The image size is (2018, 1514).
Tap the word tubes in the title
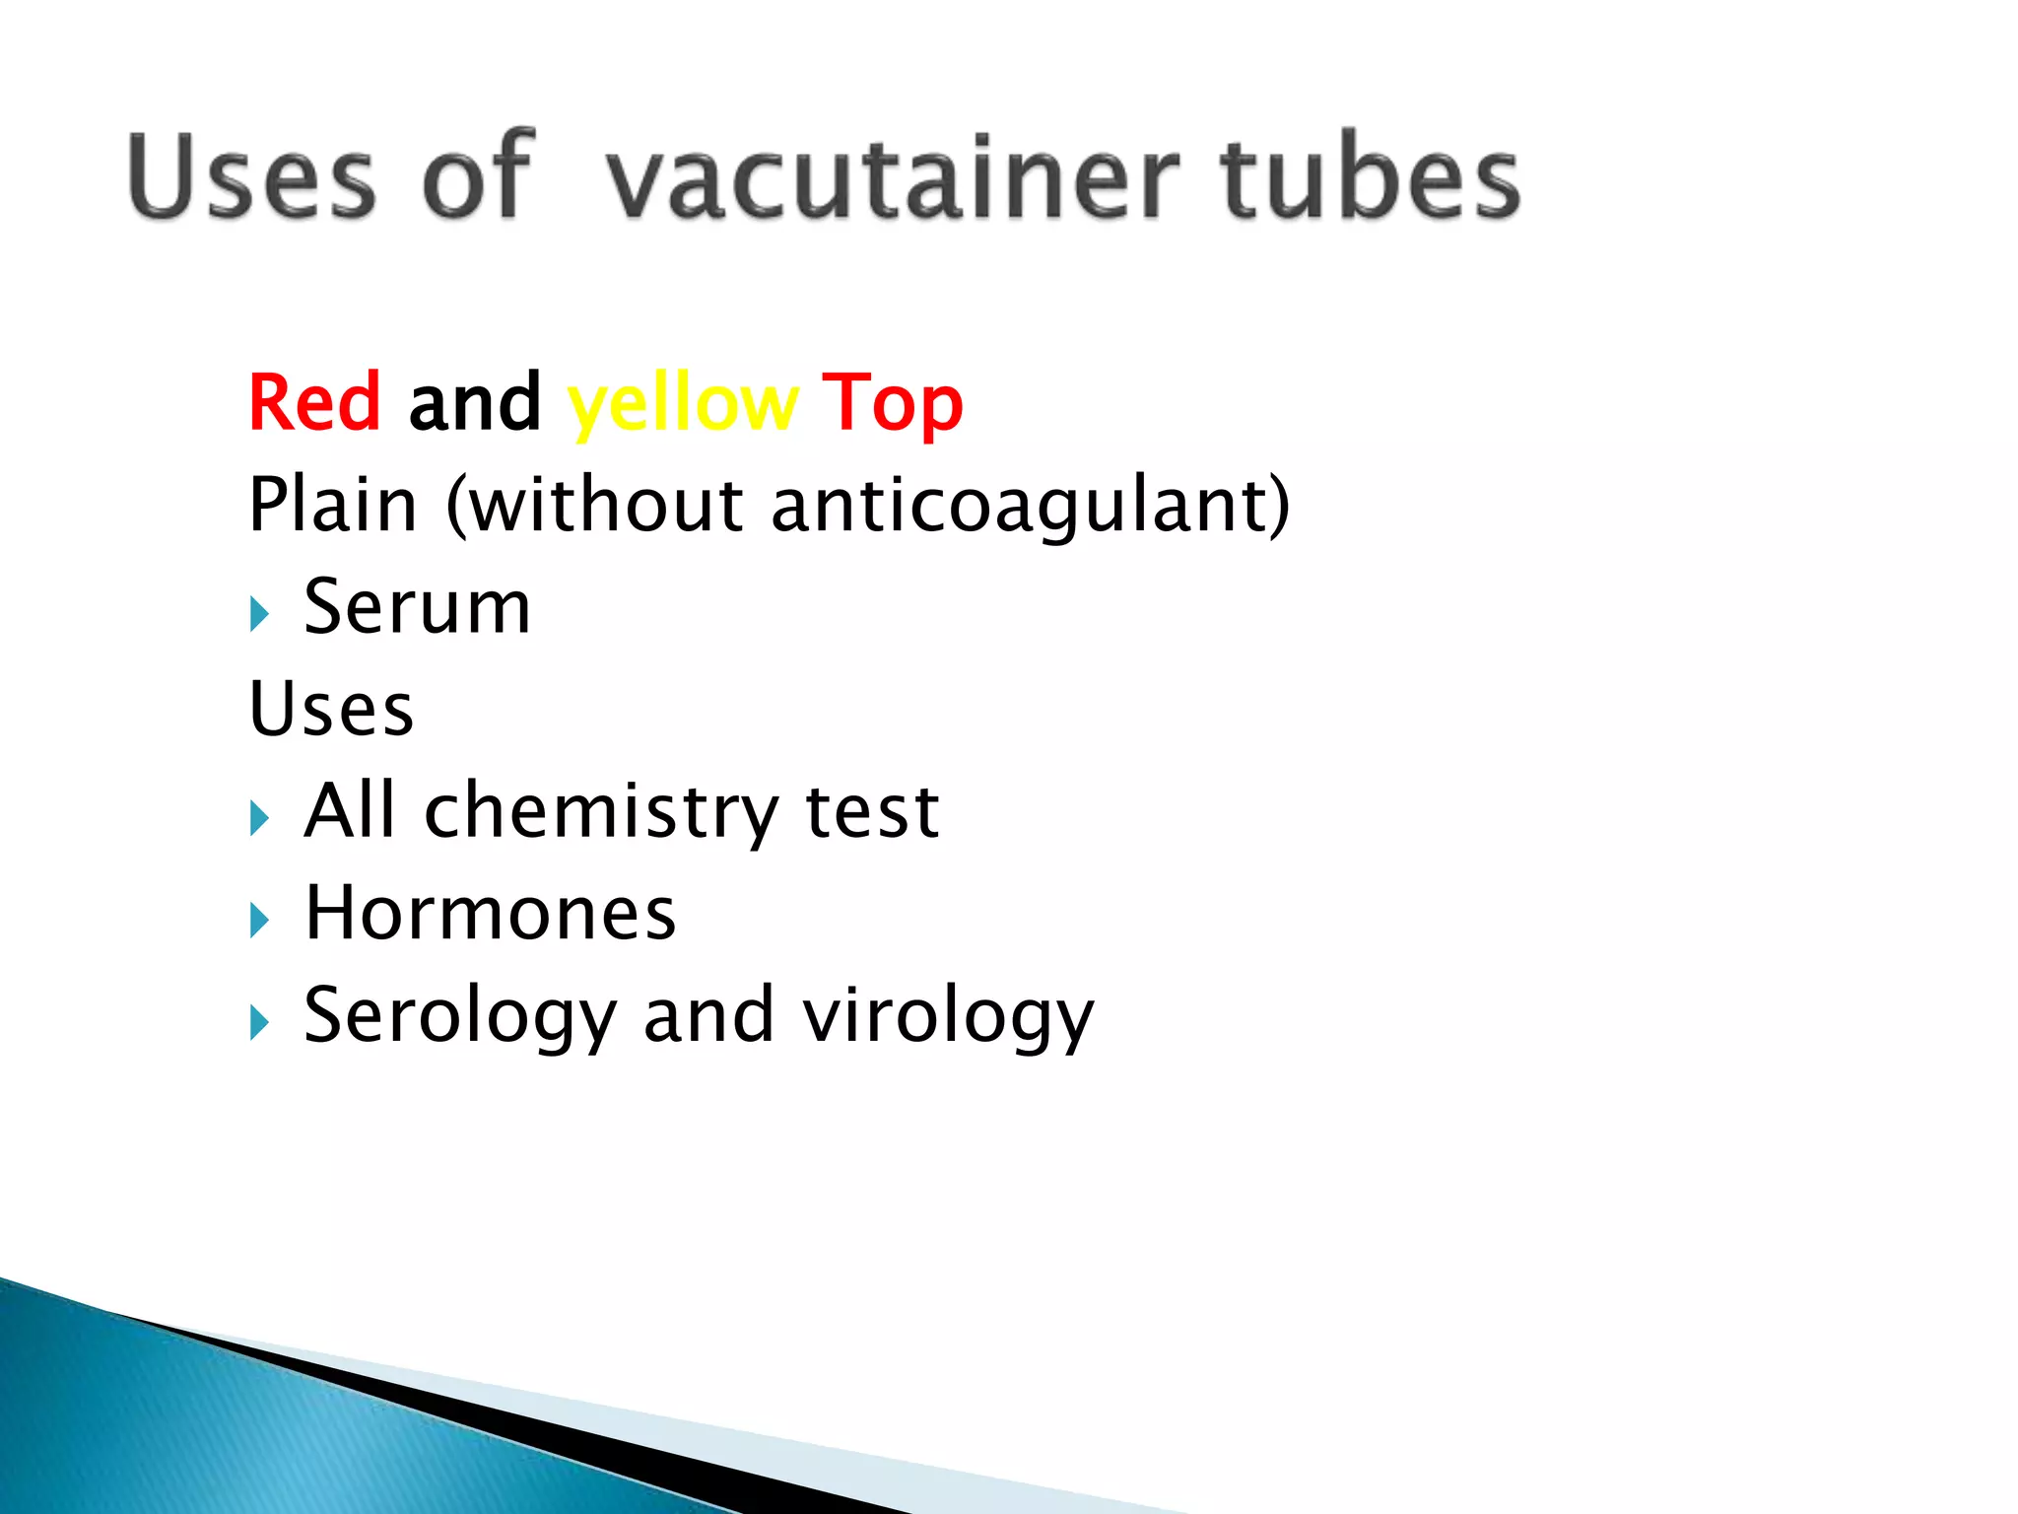(x=1370, y=178)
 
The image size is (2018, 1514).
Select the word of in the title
(x=478, y=178)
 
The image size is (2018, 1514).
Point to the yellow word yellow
(x=682, y=404)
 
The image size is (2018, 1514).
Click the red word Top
(x=892, y=404)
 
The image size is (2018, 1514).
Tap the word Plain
(x=333, y=505)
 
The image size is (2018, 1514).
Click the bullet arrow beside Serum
(x=259, y=614)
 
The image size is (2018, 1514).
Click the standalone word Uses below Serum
(x=332, y=709)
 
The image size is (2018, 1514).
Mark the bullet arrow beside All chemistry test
(x=259, y=818)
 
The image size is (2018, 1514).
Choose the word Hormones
(x=491, y=913)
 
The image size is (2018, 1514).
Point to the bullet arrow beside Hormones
(x=259, y=921)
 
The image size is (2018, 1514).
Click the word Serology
(x=460, y=1016)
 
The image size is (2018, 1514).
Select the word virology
(x=948, y=1016)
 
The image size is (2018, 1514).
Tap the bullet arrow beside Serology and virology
(x=259, y=1022)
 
